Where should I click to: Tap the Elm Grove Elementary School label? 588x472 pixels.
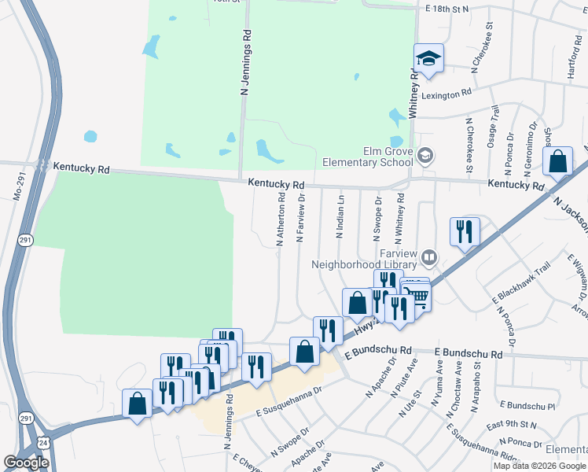point(368,157)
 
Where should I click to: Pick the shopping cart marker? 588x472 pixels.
point(417,297)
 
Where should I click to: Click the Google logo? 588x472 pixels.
point(26,462)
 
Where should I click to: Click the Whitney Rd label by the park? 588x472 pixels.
point(412,92)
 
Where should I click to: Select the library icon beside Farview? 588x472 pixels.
point(428,256)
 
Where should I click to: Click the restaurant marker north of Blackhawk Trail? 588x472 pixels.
point(464,231)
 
